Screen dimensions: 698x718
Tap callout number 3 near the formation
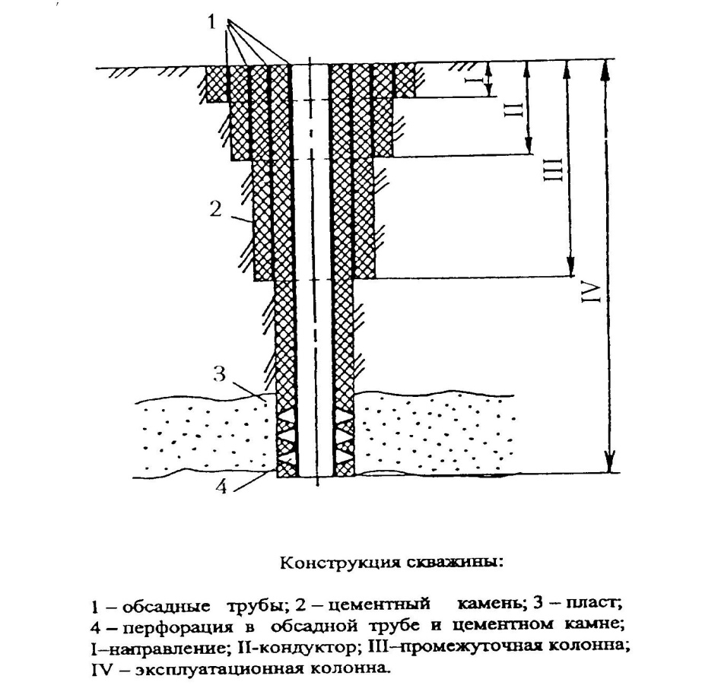tap(218, 373)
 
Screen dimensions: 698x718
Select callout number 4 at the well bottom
tap(221, 487)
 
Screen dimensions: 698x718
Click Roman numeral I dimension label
tap(470, 80)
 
